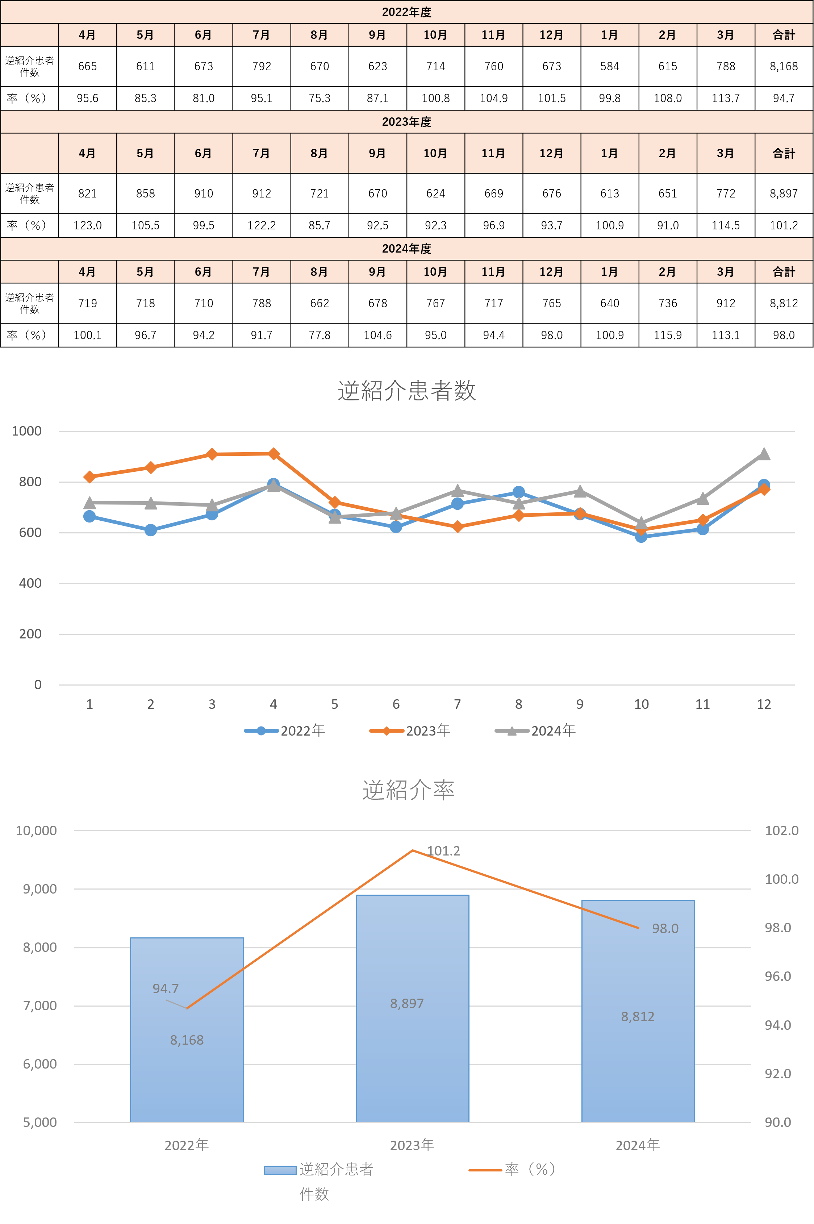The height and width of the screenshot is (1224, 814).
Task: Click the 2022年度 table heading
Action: point(406,12)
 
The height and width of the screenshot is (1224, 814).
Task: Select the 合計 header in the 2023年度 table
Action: point(783,153)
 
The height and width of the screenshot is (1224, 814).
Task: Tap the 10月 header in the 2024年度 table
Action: point(435,272)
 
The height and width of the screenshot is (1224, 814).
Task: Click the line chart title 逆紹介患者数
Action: point(406,391)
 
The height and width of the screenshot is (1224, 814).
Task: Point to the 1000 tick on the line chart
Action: point(26,431)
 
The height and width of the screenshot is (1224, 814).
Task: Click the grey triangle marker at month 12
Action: point(764,454)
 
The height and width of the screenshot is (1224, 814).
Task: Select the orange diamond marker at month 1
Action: point(89,477)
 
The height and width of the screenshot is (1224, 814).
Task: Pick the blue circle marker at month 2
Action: point(151,530)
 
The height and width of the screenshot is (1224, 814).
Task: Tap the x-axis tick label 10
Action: point(641,704)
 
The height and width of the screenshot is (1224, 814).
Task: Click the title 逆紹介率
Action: point(408,790)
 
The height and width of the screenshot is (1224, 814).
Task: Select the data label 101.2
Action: point(443,851)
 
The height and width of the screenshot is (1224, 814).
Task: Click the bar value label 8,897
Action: point(407,1003)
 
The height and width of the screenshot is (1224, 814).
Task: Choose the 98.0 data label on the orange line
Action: point(665,928)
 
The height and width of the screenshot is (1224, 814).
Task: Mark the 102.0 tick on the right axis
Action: point(781,830)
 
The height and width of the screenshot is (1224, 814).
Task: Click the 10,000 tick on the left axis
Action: point(36,830)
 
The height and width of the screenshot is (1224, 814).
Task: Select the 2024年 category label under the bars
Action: point(638,1145)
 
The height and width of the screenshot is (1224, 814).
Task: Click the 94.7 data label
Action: point(166,988)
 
